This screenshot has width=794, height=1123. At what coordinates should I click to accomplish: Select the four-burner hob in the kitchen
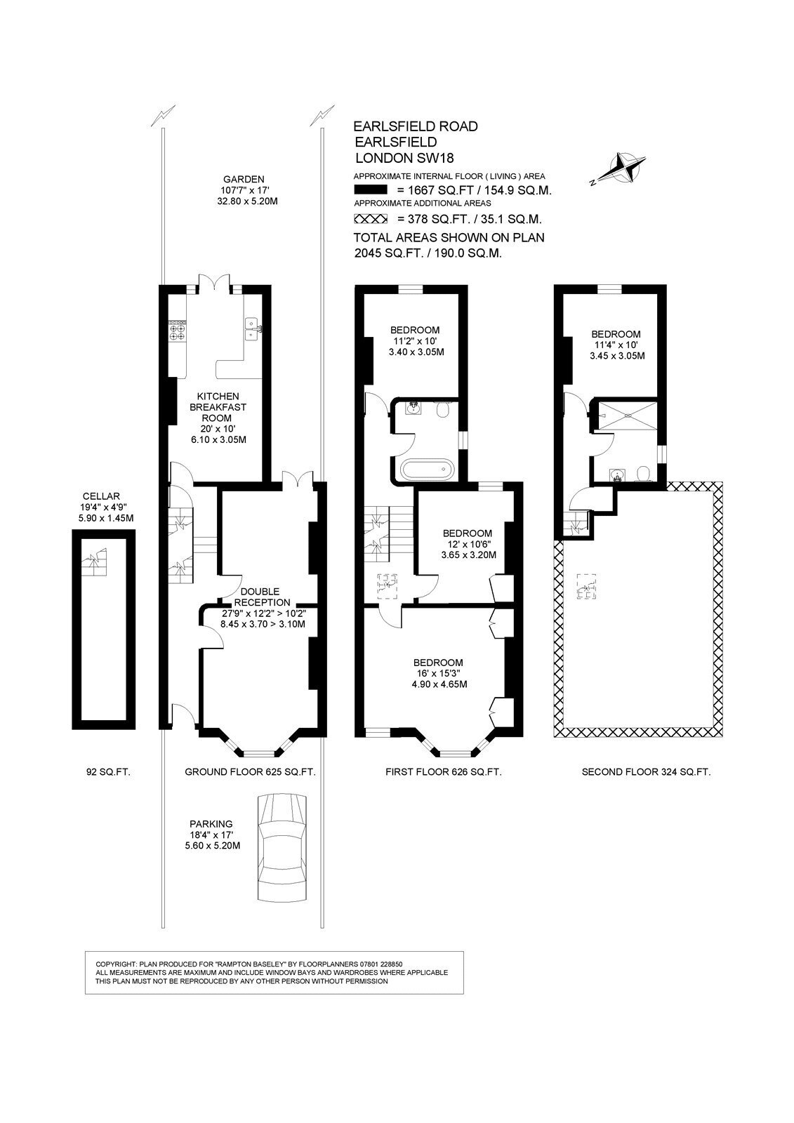(177, 331)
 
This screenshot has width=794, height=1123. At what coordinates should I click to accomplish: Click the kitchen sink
(252, 329)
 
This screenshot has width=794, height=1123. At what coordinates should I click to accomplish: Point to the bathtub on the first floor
(428, 470)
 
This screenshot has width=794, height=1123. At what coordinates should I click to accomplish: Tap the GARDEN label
(244, 179)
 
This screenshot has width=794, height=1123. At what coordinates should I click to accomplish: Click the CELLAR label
(102, 496)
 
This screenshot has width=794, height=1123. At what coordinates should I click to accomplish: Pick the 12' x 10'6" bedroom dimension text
(468, 544)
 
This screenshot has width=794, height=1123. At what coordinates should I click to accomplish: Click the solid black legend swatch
(371, 190)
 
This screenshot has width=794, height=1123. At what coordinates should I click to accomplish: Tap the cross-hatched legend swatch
(371, 218)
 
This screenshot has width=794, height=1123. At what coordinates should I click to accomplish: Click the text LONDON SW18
(404, 158)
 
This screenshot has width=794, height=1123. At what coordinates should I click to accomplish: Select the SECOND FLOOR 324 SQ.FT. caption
(646, 772)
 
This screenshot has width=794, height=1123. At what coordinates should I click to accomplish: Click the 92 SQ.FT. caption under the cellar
(108, 772)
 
